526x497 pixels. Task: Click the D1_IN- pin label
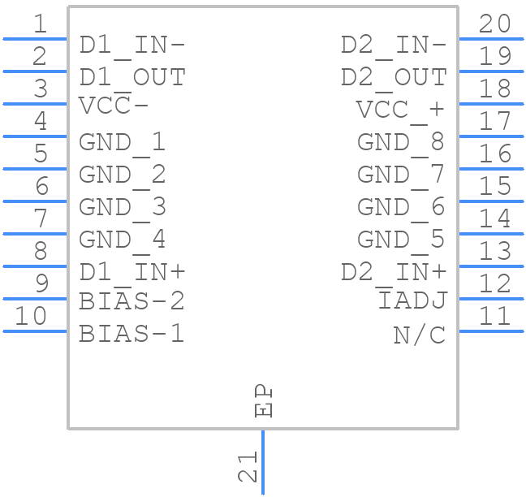pos(131,45)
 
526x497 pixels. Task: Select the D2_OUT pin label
pos(394,77)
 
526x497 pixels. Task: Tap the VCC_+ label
pos(401,110)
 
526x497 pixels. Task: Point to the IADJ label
pos(412,301)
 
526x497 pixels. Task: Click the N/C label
pos(420,334)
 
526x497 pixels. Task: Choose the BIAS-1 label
pos(131,333)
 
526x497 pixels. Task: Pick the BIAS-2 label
pos(131,301)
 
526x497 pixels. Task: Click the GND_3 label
pos(122,207)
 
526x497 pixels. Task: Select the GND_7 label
pos(401,175)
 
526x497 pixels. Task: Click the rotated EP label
pos(264,401)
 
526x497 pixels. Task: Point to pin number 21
pos(248,468)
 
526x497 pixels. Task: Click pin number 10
pos(32,315)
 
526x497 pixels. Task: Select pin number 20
pos(494,24)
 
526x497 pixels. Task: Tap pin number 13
pos(494,251)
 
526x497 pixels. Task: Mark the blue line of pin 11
pos(491,331)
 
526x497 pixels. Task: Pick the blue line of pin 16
pos(491,168)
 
